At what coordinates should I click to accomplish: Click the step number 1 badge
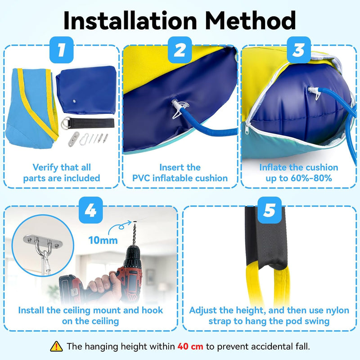tap(61, 50)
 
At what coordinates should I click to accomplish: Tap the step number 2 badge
tap(180, 50)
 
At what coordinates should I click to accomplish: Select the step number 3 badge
tap(299, 50)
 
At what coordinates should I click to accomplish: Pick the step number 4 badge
tap(90, 210)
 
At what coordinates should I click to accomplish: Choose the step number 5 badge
tap(270, 210)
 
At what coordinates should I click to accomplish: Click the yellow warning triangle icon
tap(56, 346)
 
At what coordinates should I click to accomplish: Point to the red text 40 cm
tap(190, 346)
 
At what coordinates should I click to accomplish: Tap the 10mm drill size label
tap(103, 240)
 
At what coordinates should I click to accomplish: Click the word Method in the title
tap(251, 20)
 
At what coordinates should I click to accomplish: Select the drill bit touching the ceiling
tap(134, 233)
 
